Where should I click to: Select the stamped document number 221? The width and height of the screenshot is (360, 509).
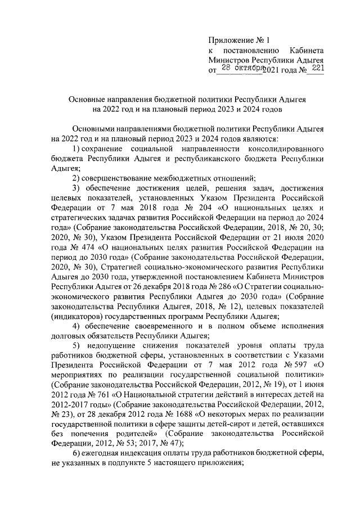coord(318,67)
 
